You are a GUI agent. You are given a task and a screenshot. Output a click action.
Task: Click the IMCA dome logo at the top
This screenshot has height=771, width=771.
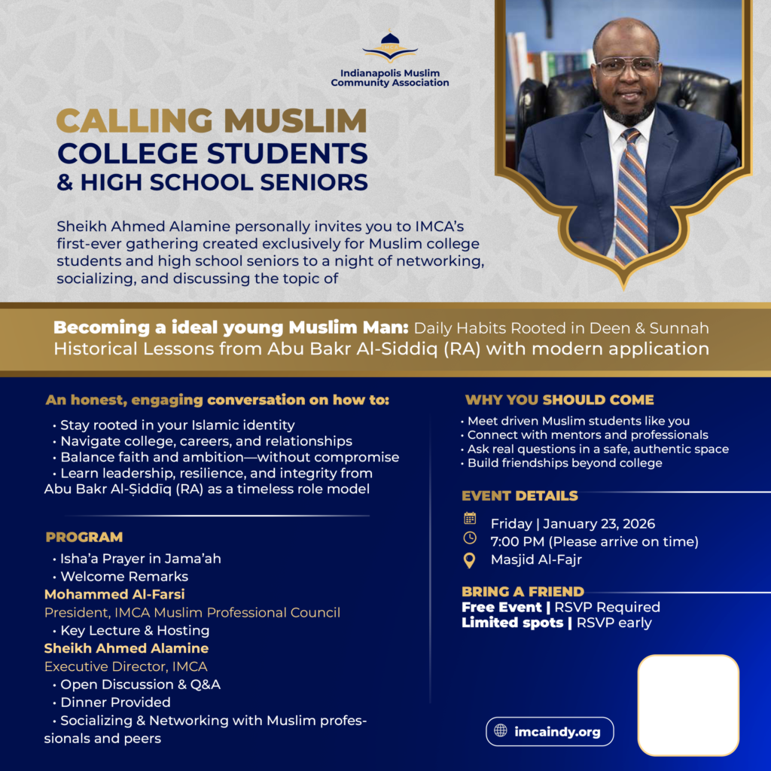click(x=389, y=47)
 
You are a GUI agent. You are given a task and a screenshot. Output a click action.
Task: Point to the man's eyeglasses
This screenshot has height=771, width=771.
click(x=625, y=66)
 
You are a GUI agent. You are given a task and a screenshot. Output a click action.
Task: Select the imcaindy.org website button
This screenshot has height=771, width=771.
click(x=550, y=731)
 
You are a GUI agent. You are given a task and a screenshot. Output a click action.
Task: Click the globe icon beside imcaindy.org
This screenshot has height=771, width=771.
click(x=501, y=731)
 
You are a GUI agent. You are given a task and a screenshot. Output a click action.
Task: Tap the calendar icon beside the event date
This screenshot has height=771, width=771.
click(x=470, y=518)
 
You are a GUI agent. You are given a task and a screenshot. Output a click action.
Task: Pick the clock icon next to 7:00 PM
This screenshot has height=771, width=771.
click(x=470, y=538)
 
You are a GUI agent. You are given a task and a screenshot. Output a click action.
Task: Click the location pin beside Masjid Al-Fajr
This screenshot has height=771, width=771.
click(x=470, y=560)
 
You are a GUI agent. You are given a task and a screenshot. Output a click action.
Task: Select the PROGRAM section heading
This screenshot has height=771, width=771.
click(x=84, y=538)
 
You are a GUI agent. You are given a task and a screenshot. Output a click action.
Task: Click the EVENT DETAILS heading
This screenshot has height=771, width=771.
click(x=520, y=495)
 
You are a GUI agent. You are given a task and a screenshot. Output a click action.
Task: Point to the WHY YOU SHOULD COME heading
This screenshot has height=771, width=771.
click(x=559, y=400)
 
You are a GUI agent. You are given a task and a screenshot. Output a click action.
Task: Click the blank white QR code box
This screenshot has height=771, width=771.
click(x=687, y=705)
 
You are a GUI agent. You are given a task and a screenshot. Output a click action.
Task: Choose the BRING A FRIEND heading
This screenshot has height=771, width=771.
click(x=523, y=591)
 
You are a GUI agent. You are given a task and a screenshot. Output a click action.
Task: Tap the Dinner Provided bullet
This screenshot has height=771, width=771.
click(x=115, y=702)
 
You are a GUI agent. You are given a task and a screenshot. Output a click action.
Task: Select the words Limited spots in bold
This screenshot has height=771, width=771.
click(x=511, y=623)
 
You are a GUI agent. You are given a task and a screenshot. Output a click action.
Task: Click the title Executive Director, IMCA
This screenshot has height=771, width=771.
click(x=126, y=666)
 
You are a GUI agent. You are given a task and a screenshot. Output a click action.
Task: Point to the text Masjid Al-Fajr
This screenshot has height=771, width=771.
click(x=536, y=560)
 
